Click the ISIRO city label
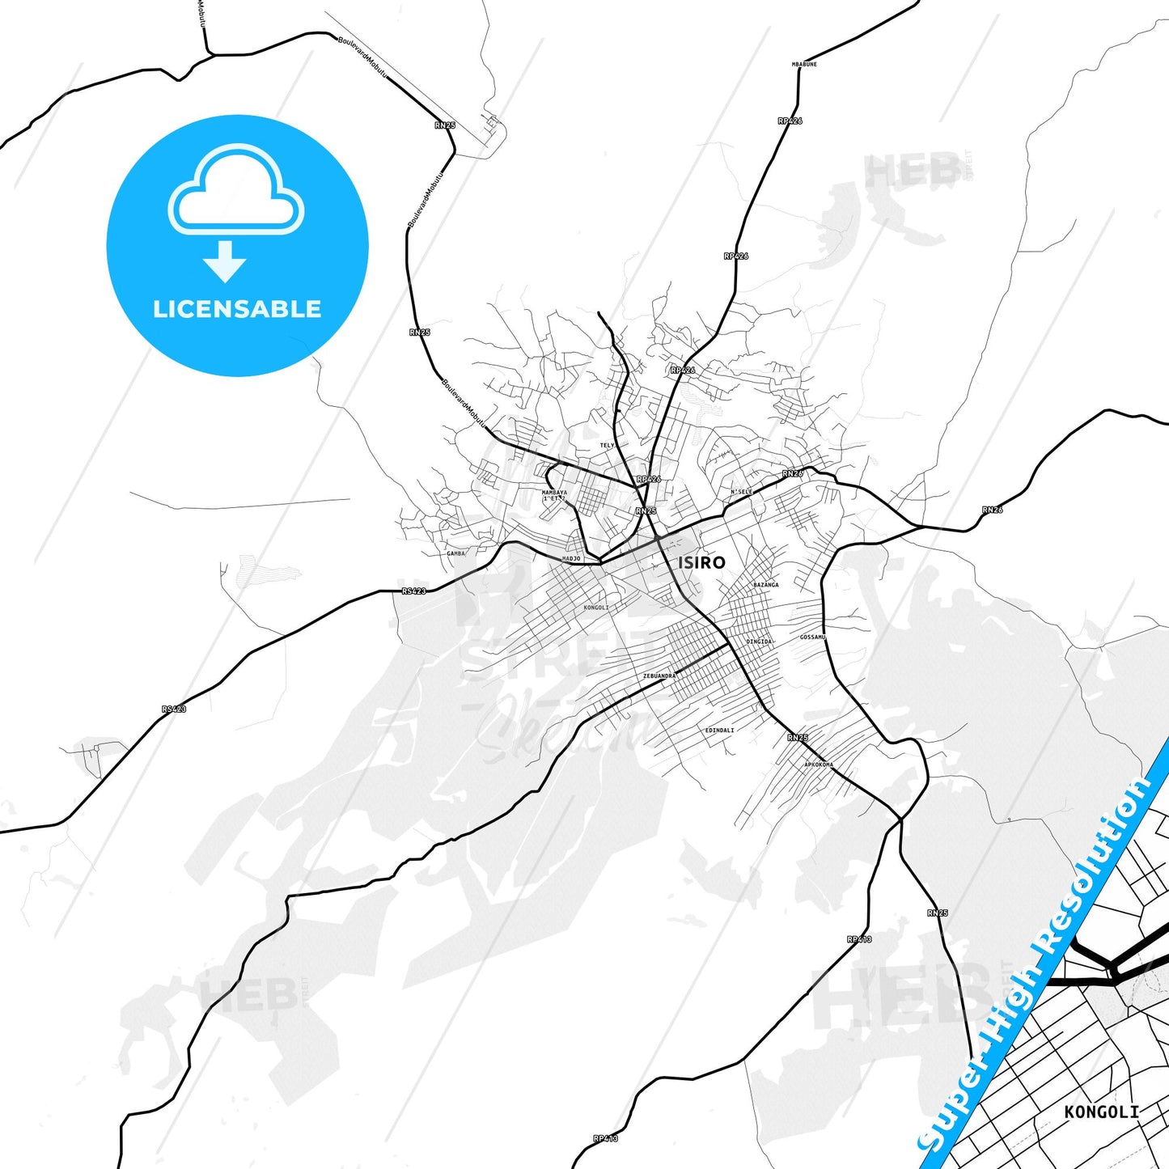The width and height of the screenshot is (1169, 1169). [701, 562]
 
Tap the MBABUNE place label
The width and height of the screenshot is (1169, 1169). [804, 64]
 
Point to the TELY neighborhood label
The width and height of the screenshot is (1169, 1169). [607, 445]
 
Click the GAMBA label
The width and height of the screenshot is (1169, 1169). [456, 553]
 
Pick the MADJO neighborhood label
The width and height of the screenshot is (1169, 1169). [571, 558]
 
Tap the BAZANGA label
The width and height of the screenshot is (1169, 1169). [765, 584]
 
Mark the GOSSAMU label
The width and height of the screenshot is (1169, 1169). [812, 637]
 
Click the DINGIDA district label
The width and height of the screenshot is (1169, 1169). [760, 642]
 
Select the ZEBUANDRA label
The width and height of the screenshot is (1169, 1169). [659, 676]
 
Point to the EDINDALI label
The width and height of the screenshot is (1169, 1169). [719, 730]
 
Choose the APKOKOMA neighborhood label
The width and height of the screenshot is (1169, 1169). [818, 765]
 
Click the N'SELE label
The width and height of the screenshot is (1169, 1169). [741, 492]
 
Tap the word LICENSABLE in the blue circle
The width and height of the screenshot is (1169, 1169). [237, 308]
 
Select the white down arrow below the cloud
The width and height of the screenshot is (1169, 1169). [225, 261]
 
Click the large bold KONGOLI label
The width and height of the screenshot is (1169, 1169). [1101, 1112]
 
